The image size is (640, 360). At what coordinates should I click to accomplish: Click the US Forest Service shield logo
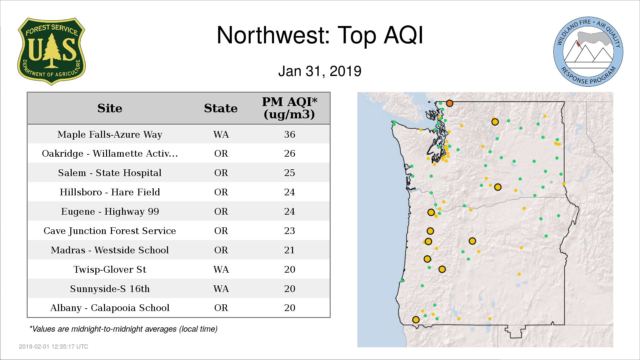coord(51,52)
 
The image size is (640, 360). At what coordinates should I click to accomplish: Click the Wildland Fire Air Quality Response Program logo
coord(588,52)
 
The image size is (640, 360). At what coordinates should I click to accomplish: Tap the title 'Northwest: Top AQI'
coord(320,35)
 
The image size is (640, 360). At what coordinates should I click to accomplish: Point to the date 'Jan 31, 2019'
coord(320,71)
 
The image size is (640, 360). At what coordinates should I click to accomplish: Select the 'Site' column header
coord(110,108)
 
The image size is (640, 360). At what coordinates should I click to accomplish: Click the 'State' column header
coord(221,108)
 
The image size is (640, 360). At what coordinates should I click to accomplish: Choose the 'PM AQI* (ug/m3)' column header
coord(289,108)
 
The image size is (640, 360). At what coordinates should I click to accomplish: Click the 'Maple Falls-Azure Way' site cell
coord(110,134)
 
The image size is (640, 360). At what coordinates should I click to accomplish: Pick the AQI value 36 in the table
coord(290,134)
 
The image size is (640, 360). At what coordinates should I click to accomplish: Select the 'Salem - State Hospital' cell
coord(110,173)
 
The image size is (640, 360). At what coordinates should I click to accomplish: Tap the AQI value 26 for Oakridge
coord(290,153)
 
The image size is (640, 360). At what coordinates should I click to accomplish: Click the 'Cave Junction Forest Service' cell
coord(110,231)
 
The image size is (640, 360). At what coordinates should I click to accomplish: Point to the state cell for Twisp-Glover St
coord(221,269)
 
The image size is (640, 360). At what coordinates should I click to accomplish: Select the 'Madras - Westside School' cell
coord(110,250)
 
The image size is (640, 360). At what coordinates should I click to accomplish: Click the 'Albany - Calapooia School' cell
coord(110,308)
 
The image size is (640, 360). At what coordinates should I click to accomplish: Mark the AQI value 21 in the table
coord(290,250)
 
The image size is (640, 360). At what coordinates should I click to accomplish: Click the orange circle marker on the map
coord(450,103)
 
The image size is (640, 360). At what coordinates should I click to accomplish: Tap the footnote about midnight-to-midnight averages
coord(123,329)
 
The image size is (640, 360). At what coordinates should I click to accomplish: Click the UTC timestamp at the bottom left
coord(54,347)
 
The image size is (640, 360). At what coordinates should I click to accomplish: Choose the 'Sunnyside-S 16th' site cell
coord(110,289)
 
